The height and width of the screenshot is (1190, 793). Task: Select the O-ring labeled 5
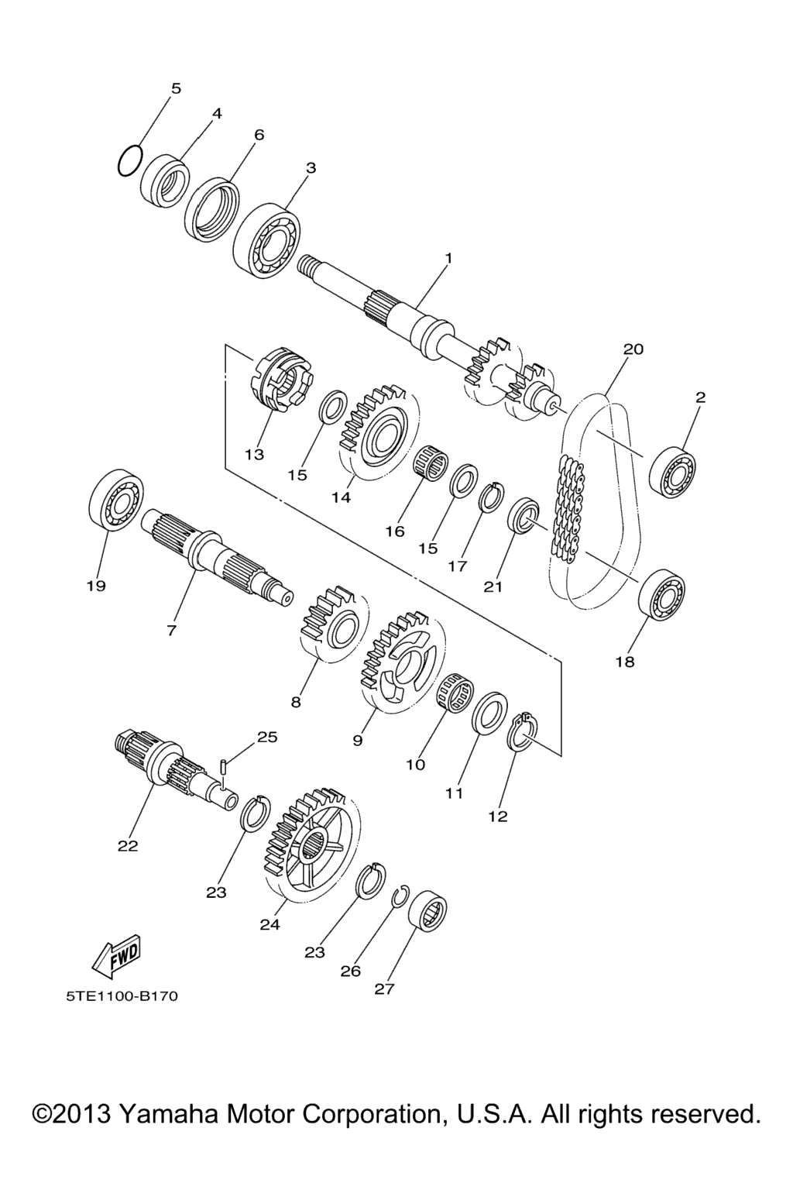click(130, 160)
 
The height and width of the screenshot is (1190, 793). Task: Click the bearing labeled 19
click(116, 500)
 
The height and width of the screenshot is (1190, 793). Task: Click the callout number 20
click(633, 349)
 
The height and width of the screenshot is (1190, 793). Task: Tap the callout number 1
click(448, 259)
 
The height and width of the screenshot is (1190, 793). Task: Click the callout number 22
click(128, 845)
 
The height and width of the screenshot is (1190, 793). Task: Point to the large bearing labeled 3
click(266, 240)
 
